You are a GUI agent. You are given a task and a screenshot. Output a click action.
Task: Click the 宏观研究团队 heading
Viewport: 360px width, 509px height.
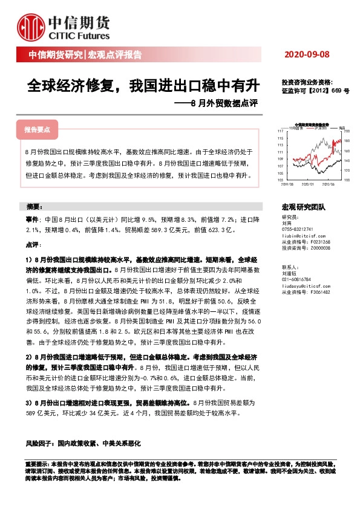pos(304,207)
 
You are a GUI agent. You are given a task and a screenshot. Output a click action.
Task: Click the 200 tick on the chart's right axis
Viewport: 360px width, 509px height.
pos(349,131)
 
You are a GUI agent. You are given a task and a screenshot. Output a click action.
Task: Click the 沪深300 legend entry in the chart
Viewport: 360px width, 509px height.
pos(320,128)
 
